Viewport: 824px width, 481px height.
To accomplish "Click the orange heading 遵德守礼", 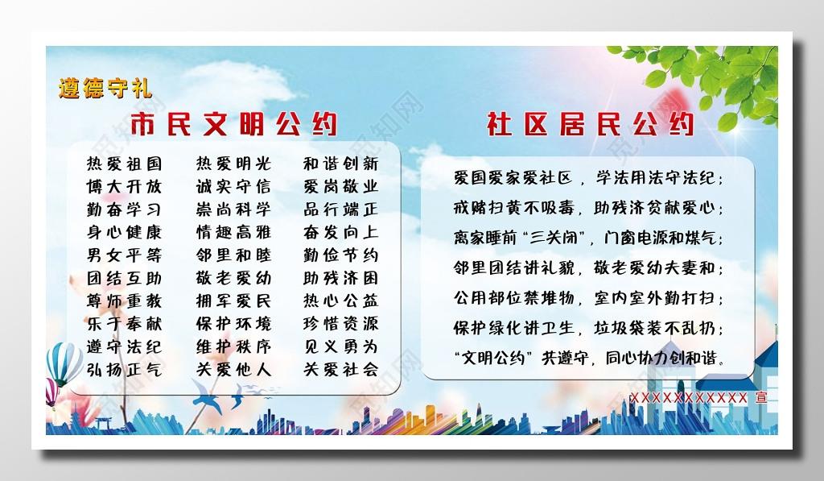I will [105, 87].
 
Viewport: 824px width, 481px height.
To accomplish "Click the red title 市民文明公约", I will [233, 124].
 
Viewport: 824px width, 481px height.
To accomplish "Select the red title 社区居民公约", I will [590, 124].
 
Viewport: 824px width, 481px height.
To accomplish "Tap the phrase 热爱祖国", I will [124, 164].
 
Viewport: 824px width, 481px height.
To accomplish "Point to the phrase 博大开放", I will [124, 186].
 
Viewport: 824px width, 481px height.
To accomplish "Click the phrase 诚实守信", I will [233, 186].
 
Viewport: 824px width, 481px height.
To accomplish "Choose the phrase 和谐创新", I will [340, 164].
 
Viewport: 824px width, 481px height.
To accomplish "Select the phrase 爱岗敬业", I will [340, 186].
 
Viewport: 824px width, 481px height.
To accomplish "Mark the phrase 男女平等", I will [124, 255].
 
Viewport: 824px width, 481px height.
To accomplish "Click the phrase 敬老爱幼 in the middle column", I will [233, 279].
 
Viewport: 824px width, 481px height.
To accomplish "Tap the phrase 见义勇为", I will [340, 347].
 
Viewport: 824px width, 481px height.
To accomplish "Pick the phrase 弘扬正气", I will [124, 371].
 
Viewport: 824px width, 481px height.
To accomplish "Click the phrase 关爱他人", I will [233, 371].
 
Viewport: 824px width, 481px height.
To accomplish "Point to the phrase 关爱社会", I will [340, 371].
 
